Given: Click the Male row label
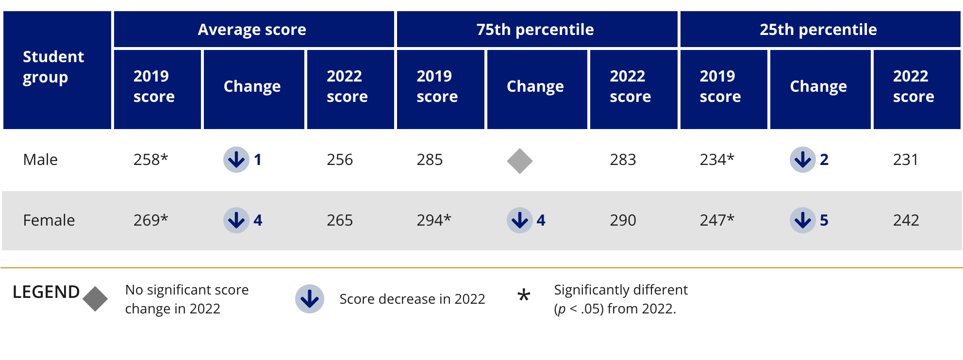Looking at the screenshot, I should coord(40,160).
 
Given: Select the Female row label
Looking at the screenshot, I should coord(49,220).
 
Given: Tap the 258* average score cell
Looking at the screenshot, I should coord(150,160).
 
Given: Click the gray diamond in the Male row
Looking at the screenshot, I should coord(519,161).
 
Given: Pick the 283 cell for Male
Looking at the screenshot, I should coord(623,160).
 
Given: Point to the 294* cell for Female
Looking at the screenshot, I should coord(433,220).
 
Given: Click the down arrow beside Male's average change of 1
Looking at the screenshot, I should coord(236,160).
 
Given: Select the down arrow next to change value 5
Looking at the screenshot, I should coord(802,220).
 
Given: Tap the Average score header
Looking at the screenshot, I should coord(252,30).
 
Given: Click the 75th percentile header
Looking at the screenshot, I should coord(535,30).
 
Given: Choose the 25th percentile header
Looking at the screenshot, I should coord(818,30).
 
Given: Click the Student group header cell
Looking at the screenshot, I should coord(53,67).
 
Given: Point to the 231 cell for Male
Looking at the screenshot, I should coord(905,160).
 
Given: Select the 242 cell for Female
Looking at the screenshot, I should coord(906,220).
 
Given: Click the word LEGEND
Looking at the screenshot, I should coord(46,292).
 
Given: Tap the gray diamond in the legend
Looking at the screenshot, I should coord(95,299).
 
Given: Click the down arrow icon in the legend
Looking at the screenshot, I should coord(310,299).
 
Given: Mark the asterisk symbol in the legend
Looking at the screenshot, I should coord(523,295).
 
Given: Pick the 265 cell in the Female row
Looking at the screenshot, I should coord(339,220).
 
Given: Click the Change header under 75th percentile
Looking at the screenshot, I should coord(535,86).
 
